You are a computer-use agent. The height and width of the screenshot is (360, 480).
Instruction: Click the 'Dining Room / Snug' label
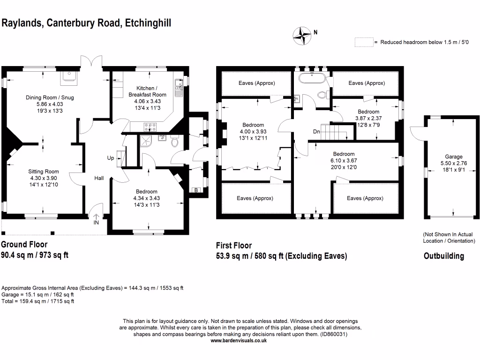[50, 97]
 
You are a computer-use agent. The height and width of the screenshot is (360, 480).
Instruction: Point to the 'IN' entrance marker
[96, 222]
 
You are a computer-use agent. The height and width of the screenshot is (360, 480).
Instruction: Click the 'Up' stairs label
[111, 158]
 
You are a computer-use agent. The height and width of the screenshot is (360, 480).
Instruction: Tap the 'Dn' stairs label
[317, 131]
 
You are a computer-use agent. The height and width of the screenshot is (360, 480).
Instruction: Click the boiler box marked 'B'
[196, 190]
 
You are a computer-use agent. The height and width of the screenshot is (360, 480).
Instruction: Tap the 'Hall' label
[99, 178]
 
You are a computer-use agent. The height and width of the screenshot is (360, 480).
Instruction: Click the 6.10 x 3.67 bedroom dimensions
[344, 160]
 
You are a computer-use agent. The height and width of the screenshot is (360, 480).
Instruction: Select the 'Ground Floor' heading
[24, 244]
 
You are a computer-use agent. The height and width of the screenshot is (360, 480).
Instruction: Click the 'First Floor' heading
[233, 245]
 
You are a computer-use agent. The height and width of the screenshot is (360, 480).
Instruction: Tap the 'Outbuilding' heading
[444, 256]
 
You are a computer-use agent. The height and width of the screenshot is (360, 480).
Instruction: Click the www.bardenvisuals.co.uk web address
[239, 341]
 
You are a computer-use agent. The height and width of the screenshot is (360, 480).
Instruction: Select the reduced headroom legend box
[364, 42]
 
